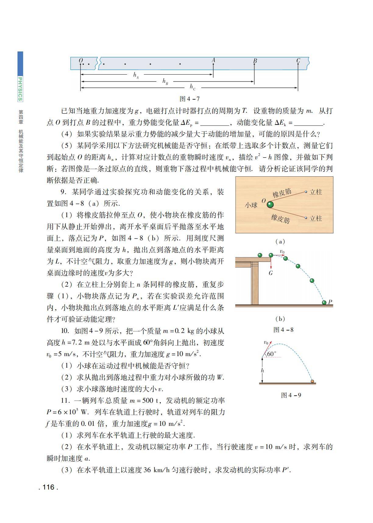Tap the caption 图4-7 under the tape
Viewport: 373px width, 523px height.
(190, 99)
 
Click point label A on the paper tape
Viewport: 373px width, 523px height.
(213, 60)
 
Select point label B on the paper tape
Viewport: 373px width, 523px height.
(255, 61)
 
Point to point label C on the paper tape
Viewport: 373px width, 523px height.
(298, 61)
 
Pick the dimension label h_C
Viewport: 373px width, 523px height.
(193, 87)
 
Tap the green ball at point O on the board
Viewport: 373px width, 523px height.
(270, 204)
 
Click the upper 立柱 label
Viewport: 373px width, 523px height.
(316, 192)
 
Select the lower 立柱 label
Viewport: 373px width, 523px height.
(316, 218)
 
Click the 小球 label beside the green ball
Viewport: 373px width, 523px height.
(251, 205)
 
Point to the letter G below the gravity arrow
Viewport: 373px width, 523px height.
(271, 273)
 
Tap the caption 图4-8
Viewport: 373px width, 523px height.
(283, 330)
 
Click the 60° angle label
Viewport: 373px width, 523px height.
(272, 354)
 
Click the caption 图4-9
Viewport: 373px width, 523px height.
(291, 395)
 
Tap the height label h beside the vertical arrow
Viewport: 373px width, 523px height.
(262, 370)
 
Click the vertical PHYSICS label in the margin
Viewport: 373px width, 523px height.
(20, 89)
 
